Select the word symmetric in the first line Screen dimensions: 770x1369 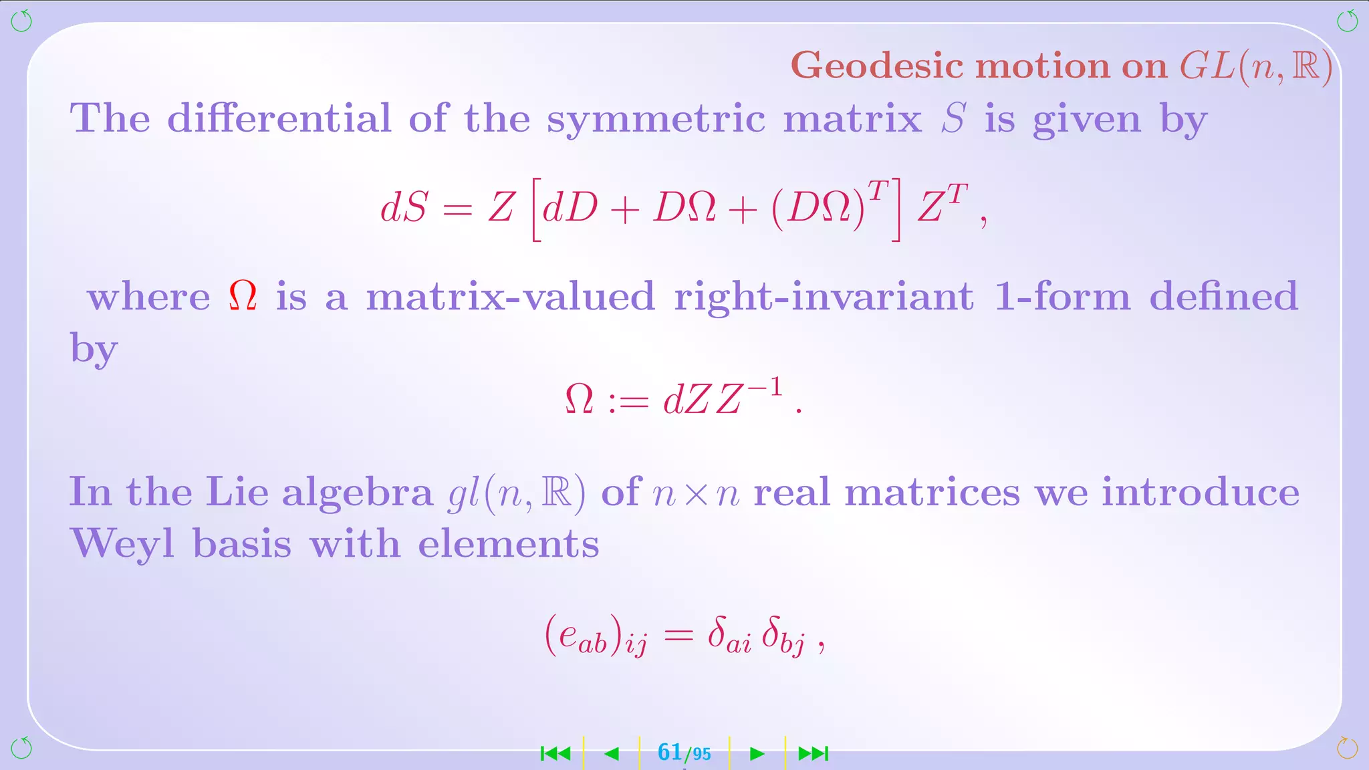pyautogui.click(x=656, y=119)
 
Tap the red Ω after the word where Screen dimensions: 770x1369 pyautogui.click(x=243, y=295)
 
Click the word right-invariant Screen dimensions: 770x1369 pyautogui.click(x=823, y=297)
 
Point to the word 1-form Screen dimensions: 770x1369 pyautogui.click(x=1062, y=296)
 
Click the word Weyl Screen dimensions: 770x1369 pyautogui.click(x=122, y=544)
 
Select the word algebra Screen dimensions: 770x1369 pyautogui.click(x=358, y=493)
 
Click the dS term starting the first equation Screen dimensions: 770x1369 pyautogui.click(x=404, y=207)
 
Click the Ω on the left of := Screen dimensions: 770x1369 pyautogui.click(x=580, y=399)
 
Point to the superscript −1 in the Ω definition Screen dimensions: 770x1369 pyautogui.click(x=765, y=387)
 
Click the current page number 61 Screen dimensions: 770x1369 pyautogui.click(x=670, y=753)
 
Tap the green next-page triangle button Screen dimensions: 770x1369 pyautogui.click(x=757, y=754)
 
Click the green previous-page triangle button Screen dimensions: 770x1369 pyautogui.click(x=611, y=754)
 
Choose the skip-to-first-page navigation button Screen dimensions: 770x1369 pyautogui.click(x=555, y=754)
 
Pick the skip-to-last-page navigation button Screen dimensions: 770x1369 pyautogui.click(x=814, y=754)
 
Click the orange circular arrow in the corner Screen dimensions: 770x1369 pyautogui.click(x=1347, y=748)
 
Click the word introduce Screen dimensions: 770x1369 pyautogui.click(x=1201, y=493)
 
